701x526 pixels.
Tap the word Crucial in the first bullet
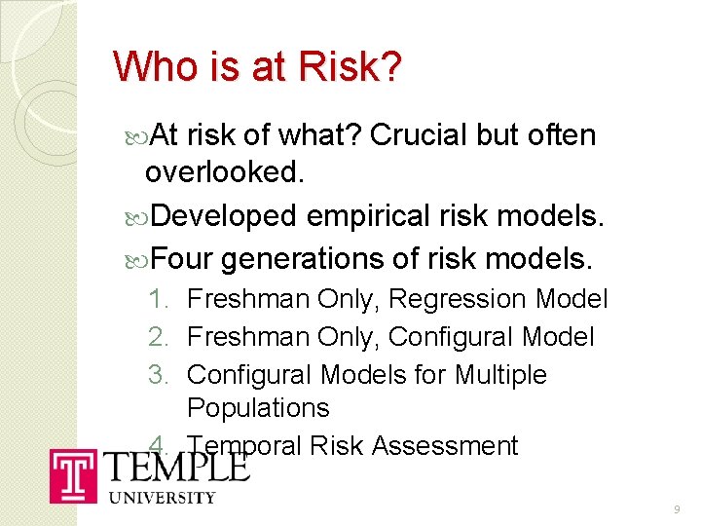pyautogui.click(x=420, y=134)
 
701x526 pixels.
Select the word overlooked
pyautogui.click(x=223, y=172)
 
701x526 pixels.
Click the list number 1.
pyautogui.click(x=159, y=299)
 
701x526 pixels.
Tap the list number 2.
pyautogui.click(x=159, y=337)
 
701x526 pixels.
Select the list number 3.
pyautogui.click(x=159, y=375)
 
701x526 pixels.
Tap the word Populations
pyautogui.click(x=258, y=408)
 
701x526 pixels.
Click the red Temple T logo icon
pyautogui.click(x=74, y=475)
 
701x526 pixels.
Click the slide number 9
pyautogui.click(x=677, y=510)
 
